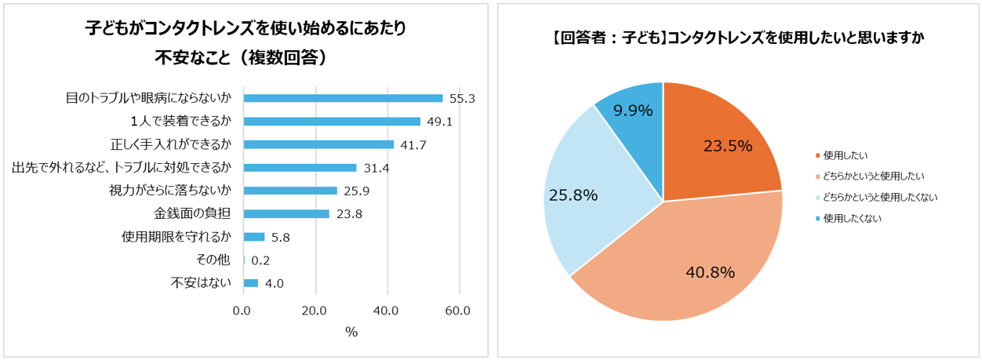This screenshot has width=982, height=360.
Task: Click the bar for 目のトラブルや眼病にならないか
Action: pos(343,98)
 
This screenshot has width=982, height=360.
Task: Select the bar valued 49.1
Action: pos(332,122)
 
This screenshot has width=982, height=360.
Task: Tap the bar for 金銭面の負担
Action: pos(286,214)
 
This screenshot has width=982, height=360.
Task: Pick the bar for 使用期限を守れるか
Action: pos(254,237)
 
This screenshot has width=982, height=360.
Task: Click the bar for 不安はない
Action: pos(251,283)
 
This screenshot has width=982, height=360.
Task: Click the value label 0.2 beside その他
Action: pos(261,260)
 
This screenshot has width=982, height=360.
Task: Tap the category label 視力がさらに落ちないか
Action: pos(170,191)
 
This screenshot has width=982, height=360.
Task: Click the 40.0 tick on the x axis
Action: pos(386,311)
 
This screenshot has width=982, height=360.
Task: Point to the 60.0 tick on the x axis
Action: pos(458,311)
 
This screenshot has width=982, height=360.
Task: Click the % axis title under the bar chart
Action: pos(351,332)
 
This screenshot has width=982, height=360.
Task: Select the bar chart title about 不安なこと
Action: pos(245,42)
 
